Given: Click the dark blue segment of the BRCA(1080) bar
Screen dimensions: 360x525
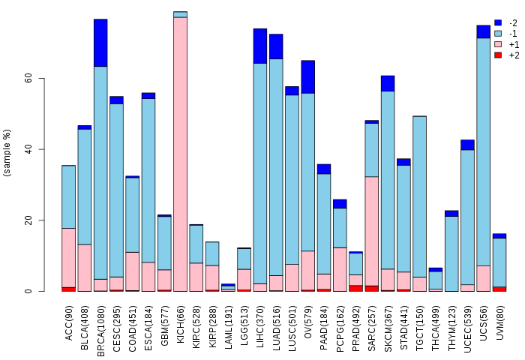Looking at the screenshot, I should [100, 43].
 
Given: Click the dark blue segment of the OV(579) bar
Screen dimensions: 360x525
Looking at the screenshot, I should [307, 76].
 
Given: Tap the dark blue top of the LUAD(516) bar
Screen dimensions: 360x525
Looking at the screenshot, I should [276, 46].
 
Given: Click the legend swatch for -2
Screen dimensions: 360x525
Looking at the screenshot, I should [498, 23].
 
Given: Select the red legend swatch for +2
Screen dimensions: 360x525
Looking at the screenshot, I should [498, 55].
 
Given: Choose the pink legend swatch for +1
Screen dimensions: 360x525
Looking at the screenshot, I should [498, 44].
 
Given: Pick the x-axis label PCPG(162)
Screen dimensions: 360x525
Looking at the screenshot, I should [340, 322].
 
